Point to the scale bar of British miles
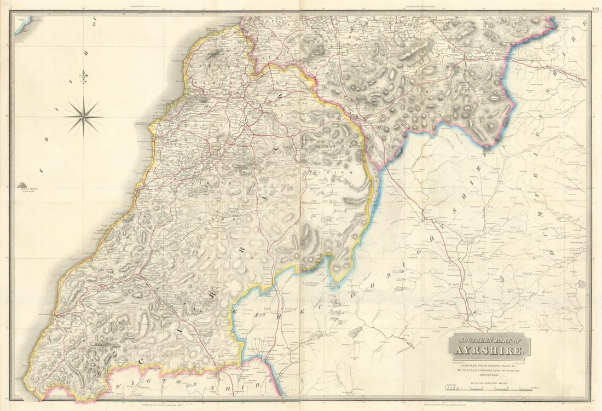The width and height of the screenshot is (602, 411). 490,389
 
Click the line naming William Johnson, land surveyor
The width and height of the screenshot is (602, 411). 489,371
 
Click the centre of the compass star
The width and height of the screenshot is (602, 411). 83,116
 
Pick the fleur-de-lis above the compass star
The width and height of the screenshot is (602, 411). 83,77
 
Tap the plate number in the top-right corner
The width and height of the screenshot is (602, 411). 594,8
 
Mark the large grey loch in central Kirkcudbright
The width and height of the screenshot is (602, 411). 356,332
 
